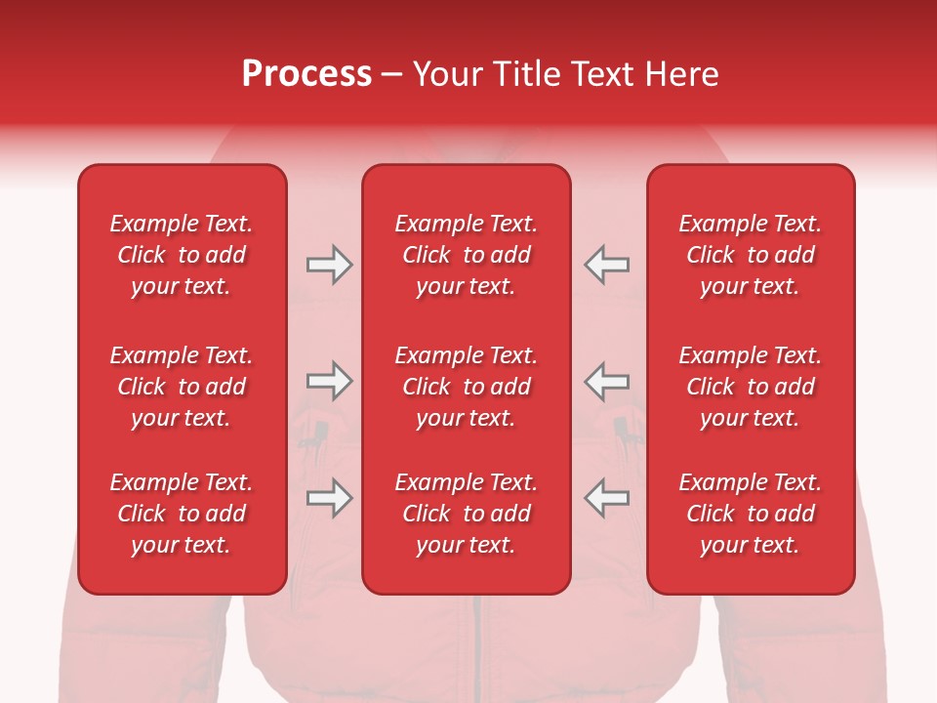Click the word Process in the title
point(306,74)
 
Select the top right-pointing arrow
point(329,265)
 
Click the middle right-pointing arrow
point(329,381)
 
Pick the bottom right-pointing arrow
point(329,498)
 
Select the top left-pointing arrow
point(606,265)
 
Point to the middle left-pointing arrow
point(606,381)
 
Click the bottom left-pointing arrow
point(606,498)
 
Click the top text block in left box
point(182,255)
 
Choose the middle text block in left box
point(182,387)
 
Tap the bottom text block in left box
point(182,514)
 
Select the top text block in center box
point(466,255)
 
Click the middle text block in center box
point(466,387)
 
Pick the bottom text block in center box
point(466,514)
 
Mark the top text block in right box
point(750,255)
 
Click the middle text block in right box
point(750,387)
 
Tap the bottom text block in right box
point(750,514)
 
